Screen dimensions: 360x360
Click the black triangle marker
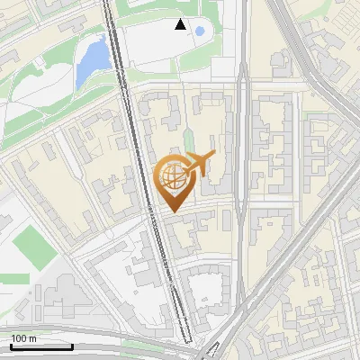[181, 25]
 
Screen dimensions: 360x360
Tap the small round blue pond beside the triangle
[199, 31]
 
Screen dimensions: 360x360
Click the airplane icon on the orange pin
[199, 164]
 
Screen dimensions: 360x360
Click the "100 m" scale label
[24, 338]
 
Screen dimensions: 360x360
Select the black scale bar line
[41, 346]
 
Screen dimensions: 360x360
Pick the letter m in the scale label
[32, 338]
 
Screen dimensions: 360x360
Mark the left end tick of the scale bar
[11, 345]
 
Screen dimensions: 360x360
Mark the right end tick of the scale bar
[72, 345]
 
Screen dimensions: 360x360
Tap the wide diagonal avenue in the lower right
[288, 261]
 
